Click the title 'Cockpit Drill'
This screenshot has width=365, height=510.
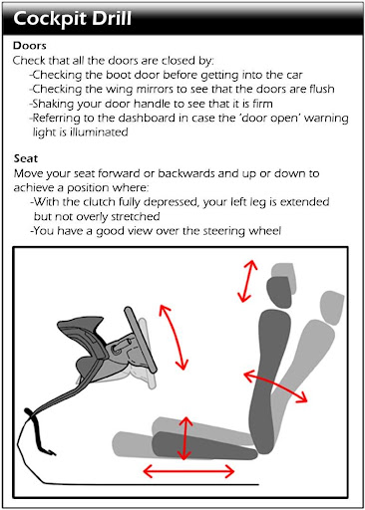tap(73, 19)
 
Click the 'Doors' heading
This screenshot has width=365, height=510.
tap(30, 45)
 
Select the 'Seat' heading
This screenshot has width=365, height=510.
tap(26, 158)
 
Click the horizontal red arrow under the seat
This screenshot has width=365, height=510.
tap(188, 471)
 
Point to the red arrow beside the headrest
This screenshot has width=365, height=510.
tap(248, 281)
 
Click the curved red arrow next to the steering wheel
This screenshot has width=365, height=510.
tap(175, 336)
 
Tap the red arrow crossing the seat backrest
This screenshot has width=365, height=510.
tap(275, 386)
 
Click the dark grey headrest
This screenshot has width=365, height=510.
tap(279, 292)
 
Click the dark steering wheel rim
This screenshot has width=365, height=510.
tap(140, 340)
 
